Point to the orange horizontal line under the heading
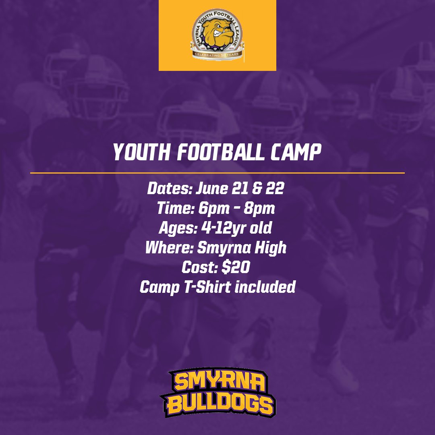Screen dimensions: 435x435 (217, 173)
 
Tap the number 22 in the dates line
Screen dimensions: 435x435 (275, 188)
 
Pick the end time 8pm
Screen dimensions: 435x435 (259, 209)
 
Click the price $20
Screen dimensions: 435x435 (236, 267)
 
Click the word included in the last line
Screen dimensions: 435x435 (265, 287)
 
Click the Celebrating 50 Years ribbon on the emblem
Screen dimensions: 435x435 (217, 54)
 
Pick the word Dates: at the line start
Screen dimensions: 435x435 (170, 188)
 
